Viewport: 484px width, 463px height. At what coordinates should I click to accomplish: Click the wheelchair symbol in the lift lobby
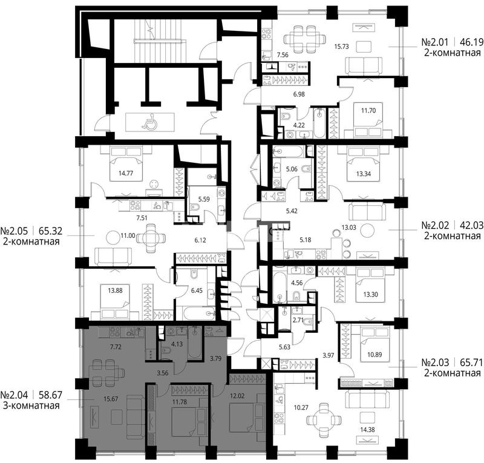pos(149,121)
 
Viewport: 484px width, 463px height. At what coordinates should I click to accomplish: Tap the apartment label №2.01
pos(434,42)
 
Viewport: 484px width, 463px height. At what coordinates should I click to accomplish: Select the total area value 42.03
pos(472,225)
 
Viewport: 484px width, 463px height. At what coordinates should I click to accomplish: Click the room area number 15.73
pos(341,47)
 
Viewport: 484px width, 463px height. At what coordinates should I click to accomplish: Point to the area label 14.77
pos(126,173)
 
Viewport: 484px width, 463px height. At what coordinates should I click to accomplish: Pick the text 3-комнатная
pos(31,406)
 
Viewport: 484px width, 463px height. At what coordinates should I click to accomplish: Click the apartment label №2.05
pos(14,231)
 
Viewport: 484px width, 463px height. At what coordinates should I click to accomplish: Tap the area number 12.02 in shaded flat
pos(237,396)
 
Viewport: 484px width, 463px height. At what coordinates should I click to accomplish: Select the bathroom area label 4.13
pos(177,344)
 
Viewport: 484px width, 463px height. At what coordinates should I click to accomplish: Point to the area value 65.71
pos(472,362)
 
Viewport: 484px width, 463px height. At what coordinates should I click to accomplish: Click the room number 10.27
pos(301,407)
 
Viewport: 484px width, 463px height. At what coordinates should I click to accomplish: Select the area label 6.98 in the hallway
pos(299,94)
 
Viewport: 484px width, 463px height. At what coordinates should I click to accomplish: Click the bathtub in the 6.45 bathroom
pos(200,314)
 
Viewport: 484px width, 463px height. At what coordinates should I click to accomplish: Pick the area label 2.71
pos(298,320)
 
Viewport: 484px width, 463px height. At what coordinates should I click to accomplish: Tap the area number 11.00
pos(128,235)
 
